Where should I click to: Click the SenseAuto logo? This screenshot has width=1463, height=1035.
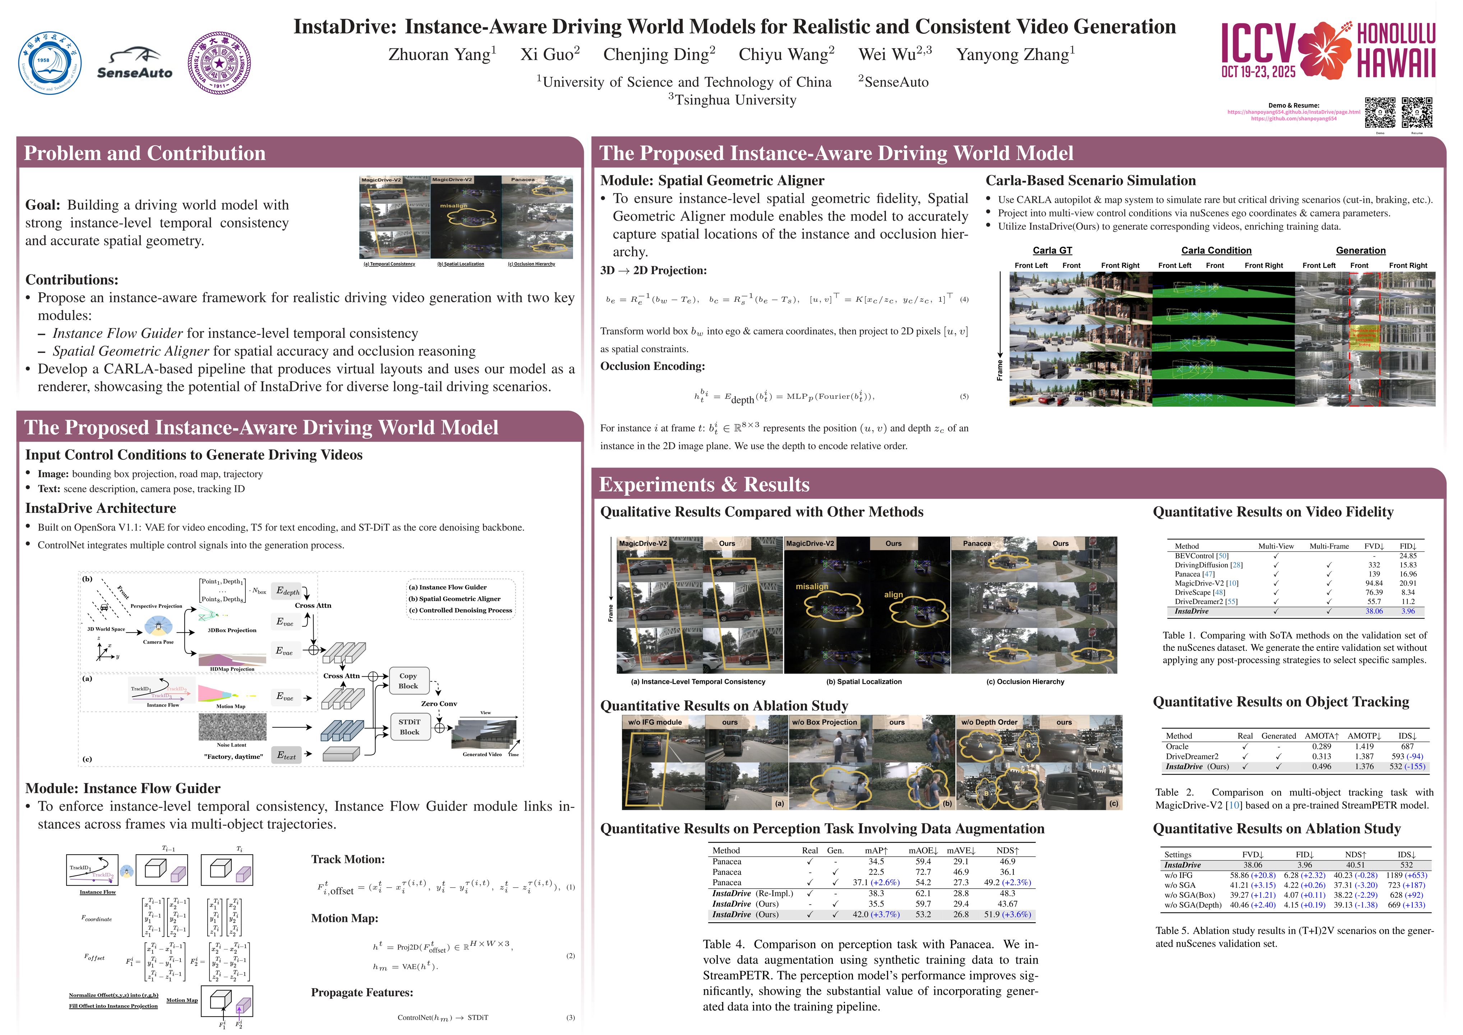pos(134,64)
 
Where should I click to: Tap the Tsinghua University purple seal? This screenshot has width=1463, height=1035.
pos(219,63)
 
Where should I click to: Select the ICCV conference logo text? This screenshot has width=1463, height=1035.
pos(1259,45)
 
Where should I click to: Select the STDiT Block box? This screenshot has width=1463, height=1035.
pos(409,727)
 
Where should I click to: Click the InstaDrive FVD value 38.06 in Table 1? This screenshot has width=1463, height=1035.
pos(1374,611)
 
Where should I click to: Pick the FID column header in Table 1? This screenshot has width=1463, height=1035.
pos(1408,546)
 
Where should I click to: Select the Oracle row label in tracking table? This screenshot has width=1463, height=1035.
pos(1177,746)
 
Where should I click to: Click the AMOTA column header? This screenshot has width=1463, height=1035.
pos(1321,736)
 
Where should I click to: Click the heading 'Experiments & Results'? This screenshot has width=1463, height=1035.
pos(704,485)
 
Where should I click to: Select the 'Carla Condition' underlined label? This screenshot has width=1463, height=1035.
pos(1216,250)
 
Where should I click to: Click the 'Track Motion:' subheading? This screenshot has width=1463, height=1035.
pos(348,859)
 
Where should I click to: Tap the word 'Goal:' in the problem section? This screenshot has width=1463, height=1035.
pos(43,205)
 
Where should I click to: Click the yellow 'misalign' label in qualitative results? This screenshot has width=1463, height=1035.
pos(812,586)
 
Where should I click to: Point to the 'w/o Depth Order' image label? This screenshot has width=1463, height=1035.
pos(989,722)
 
